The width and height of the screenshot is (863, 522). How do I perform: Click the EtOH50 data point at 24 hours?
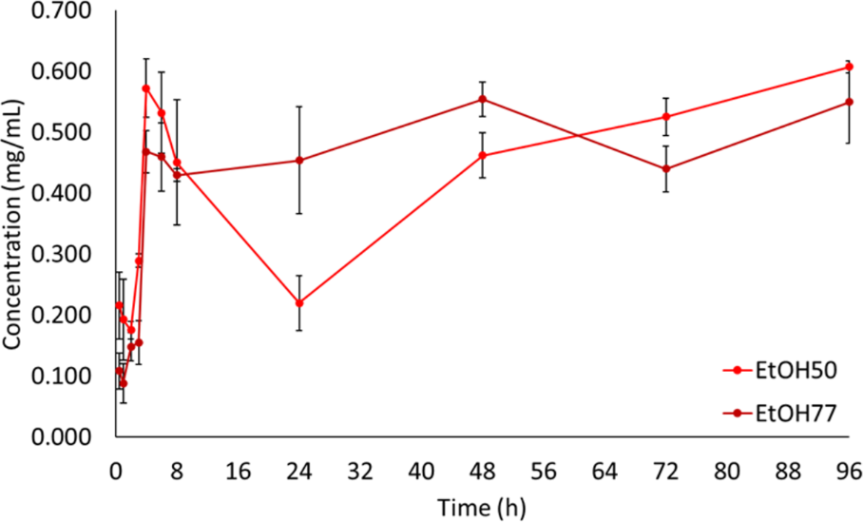tap(299, 303)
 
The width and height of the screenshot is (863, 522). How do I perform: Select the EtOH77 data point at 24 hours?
tap(299, 160)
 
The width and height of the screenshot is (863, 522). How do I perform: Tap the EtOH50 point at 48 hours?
tap(483, 155)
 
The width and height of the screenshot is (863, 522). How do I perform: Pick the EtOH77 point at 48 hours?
tap(483, 99)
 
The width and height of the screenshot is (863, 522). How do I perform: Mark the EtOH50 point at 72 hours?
tap(666, 117)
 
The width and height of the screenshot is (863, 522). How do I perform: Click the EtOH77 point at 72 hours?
tap(666, 168)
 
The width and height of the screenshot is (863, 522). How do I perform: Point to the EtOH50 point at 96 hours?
tap(849, 67)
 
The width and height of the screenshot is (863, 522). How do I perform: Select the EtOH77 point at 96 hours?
tap(849, 102)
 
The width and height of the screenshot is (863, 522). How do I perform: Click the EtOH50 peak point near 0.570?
tap(146, 88)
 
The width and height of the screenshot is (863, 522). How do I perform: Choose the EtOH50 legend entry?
tap(779, 372)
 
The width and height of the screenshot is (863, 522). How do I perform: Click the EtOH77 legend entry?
tap(779, 412)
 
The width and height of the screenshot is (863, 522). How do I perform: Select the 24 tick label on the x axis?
tap(299, 470)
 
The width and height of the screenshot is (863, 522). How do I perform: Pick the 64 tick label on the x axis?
tap(604, 470)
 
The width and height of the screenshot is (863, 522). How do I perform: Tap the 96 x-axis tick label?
tap(849, 470)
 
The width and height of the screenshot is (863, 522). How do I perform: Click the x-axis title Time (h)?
tap(481, 505)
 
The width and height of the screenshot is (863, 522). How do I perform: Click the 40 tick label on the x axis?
tap(421, 470)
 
